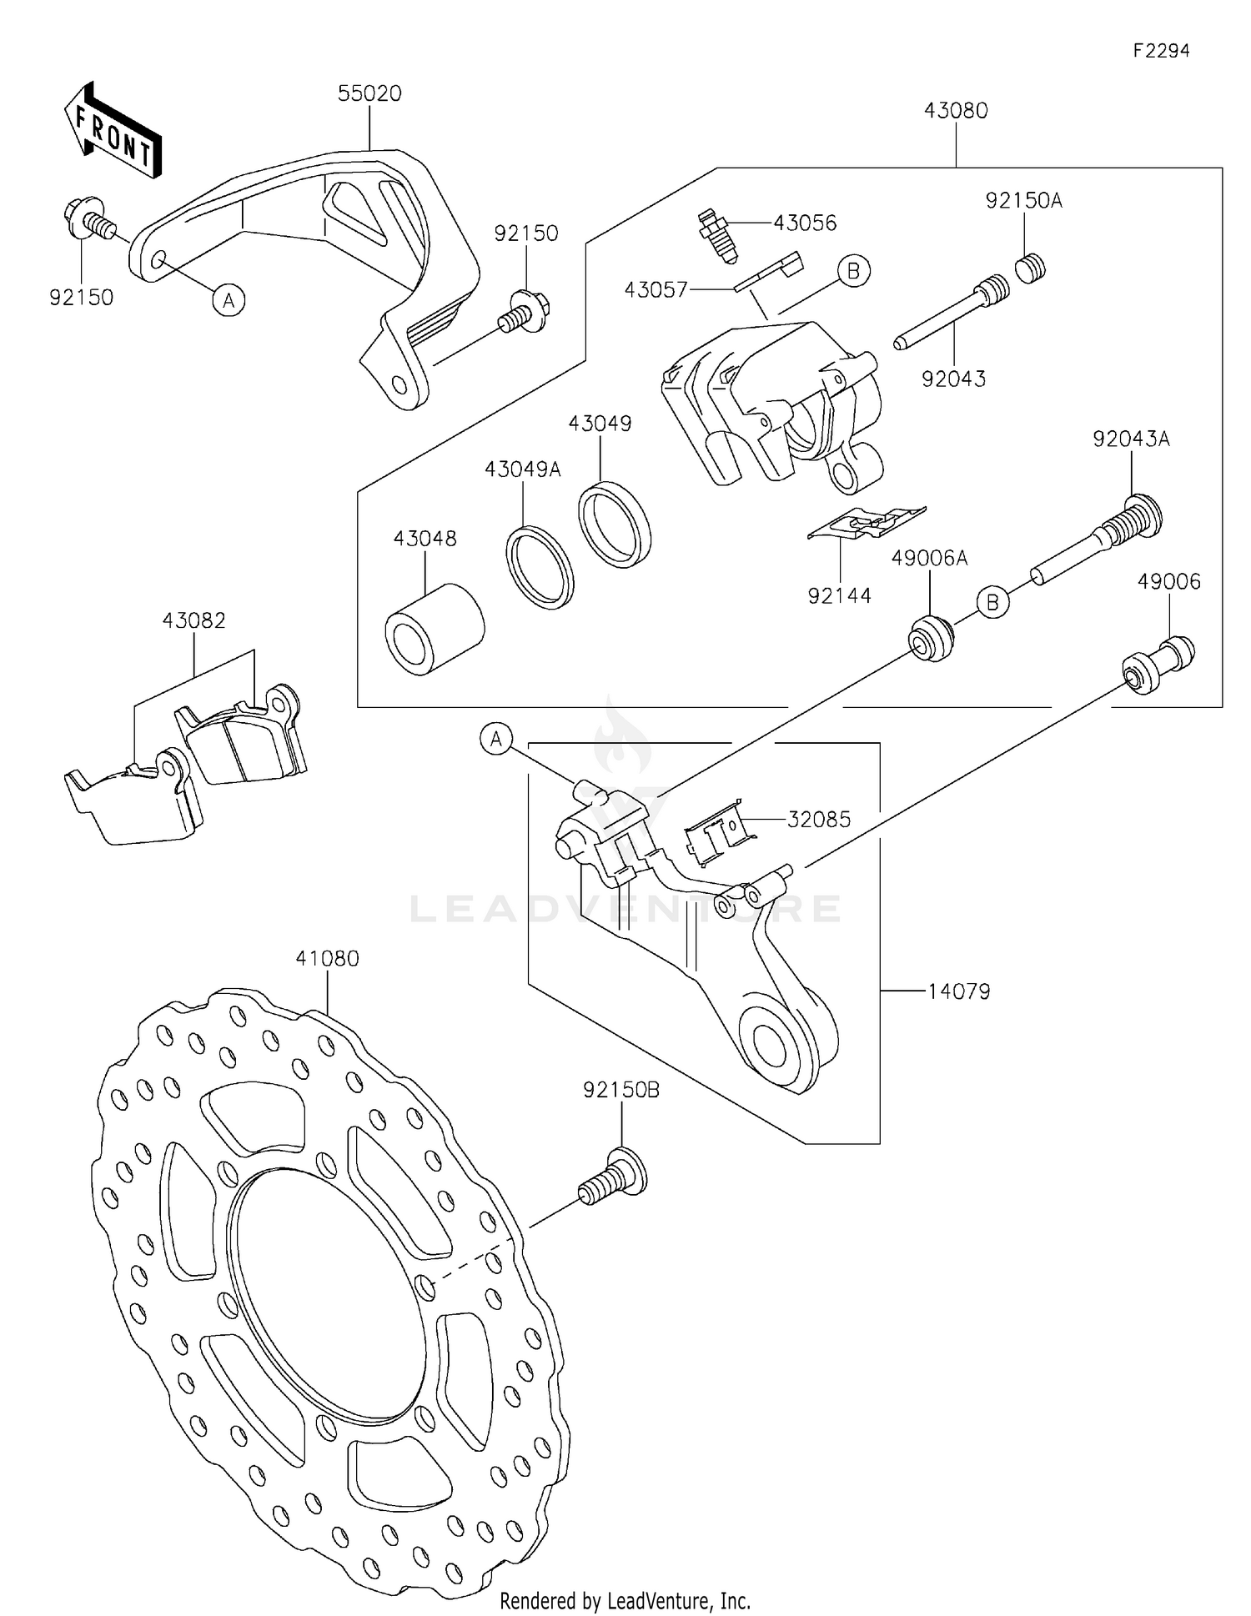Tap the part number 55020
coord(369,93)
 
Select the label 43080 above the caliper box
coord(956,111)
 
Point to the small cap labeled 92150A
coord(1031,268)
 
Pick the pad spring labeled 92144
coord(867,524)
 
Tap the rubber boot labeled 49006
coord(1158,664)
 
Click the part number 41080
coord(327,959)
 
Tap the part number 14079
coord(959,991)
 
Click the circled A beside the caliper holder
coord(496,739)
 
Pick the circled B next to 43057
coord(853,271)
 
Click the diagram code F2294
coord(1161,51)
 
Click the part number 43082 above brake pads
coord(193,620)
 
